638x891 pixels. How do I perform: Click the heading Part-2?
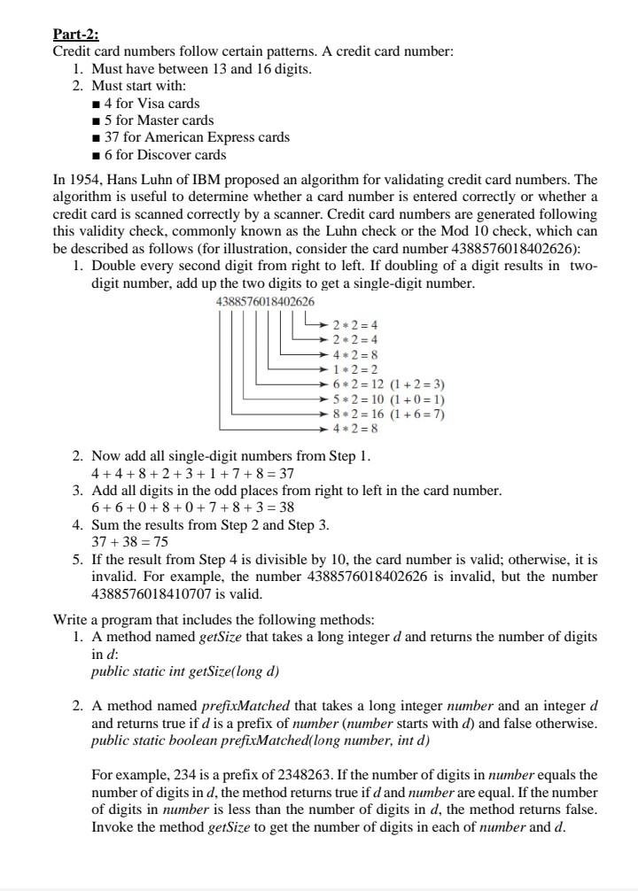point(75,35)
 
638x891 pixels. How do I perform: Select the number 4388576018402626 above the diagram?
point(265,302)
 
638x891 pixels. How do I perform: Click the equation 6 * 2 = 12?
point(359,384)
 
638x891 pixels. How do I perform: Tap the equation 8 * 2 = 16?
point(359,414)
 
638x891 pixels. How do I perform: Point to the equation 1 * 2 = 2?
point(355,369)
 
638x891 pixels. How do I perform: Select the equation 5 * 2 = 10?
point(359,399)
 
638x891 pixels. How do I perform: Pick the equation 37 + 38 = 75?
point(130,541)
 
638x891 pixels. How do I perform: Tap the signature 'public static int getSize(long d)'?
point(185,670)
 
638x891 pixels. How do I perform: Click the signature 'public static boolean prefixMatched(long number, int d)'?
point(261,740)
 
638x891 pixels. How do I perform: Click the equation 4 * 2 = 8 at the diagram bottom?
point(355,429)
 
